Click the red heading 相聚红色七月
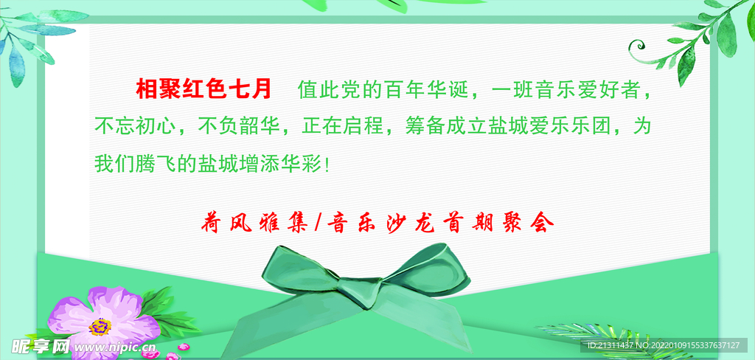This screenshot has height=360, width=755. [204, 90]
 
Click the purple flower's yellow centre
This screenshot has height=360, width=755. [100, 325]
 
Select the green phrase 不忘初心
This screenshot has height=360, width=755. [136, 126]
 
